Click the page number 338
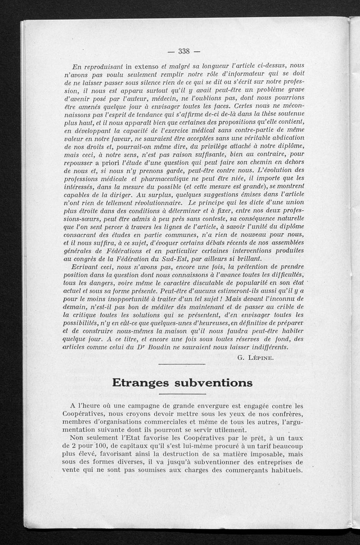pos(185,51)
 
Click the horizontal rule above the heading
pos(182,364)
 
